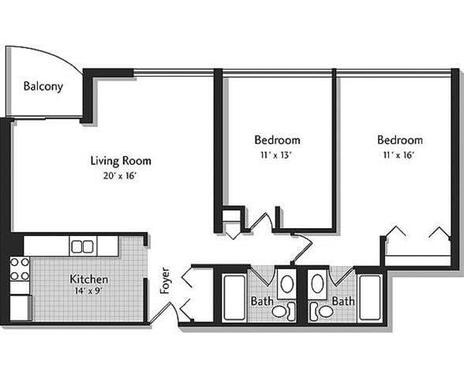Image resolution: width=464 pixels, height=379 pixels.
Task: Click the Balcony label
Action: pos(43,87)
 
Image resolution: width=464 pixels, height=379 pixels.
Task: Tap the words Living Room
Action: pos(121,161)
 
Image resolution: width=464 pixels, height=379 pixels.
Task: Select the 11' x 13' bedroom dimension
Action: pos(277,155)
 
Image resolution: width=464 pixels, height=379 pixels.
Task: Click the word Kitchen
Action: pos(88,280)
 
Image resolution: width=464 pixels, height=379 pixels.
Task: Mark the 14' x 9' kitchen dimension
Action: pos(88,291)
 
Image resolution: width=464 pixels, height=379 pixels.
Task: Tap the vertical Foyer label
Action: pos(165,281)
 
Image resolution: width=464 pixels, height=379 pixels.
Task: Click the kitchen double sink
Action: pos(82,246)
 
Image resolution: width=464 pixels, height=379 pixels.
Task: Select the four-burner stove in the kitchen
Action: pos(20,268)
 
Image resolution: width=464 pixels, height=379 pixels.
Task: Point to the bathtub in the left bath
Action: pos(234,297)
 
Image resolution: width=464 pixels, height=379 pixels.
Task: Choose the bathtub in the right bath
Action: pos(369,297)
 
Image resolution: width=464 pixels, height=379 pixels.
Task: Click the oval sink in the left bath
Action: pos(286,282)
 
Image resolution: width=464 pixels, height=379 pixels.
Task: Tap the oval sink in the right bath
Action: pos(318,282)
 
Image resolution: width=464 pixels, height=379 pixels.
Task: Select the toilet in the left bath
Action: pos(281,311)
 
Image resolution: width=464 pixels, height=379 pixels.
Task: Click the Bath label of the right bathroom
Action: pos(343,302)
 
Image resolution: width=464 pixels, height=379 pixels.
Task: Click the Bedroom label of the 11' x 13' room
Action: pos(277,141)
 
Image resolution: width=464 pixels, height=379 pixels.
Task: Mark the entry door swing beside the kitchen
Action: pos(161,313)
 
